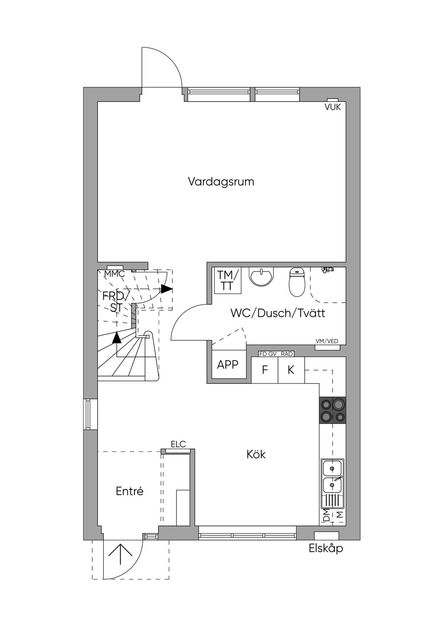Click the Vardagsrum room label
tap(221, 182)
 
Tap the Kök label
tap(256, 454)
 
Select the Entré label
tap(129, 491)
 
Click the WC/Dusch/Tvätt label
tap(278, 313)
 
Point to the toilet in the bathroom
tap(296, 282)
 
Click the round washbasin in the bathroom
tap(260, 277)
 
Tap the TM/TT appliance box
tap(228, 280)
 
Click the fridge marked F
tap(265, 370)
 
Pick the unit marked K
tap(291, 370)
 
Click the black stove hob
tap(333, 410)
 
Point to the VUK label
tap(333, 107)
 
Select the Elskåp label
tap(326, 548)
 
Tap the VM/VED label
tap(327, 341)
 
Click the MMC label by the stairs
tap(114, 274)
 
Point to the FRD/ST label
tap(116, 302)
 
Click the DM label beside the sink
tap(326, 514)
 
